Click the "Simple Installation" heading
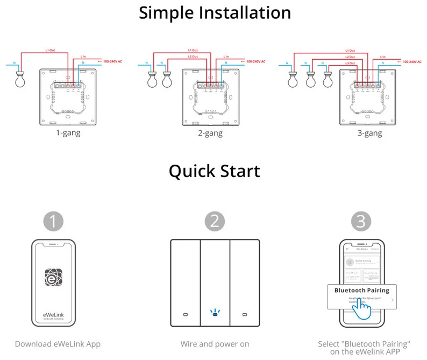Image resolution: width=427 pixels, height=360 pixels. [x=215, y=12]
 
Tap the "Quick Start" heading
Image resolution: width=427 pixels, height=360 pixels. [x=214, y=171]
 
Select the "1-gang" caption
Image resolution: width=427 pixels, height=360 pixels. [x=68, y=132]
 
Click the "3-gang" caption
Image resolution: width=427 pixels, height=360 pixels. [x=370, y=133]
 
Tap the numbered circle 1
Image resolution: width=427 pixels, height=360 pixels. [x=54, y=221]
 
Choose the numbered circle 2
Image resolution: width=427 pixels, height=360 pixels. [x=215, y=221]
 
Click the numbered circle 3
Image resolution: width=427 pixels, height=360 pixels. [x=361, y=221]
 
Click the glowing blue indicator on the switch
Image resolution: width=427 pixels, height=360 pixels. [x=214, y=313]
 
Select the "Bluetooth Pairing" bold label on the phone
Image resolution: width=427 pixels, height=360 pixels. [x=361, y=291]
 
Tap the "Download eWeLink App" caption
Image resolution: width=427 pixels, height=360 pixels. [x=58, y=344]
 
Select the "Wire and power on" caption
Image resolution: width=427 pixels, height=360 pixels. [x=214, y=344]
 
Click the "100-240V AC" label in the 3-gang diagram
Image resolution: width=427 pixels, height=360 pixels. [x=412, y=62]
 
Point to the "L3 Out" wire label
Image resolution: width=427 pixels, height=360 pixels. [x=350, y=63]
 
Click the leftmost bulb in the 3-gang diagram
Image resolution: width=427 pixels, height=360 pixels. [x=293, y=79]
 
